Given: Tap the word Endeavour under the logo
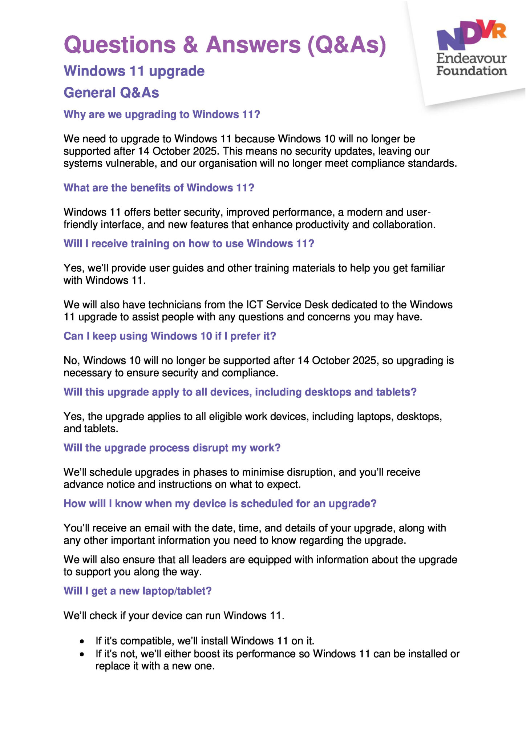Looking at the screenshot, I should (x=471, y=58).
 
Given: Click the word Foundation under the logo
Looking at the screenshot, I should (x=471, y=70).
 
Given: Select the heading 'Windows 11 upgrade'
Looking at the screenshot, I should (x=134, y=71).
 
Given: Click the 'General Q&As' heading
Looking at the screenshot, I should (x=111, y=93).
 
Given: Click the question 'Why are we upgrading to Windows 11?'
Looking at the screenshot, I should (x=162, y=114).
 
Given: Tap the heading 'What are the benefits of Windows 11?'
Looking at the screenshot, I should (x=159, y=188).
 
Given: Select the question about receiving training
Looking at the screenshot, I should (x=189, y=243).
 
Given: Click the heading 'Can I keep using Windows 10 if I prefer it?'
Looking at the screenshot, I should (x=170, y=336).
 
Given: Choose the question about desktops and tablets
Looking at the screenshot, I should (x=240, y=392).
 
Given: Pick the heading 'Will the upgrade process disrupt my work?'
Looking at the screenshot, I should (x=172, y=448).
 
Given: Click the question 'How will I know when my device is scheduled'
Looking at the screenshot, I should (x=220, y=504).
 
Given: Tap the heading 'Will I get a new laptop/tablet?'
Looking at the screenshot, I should (x=137, y=591).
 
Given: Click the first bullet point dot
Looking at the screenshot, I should (x=82, y=642).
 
